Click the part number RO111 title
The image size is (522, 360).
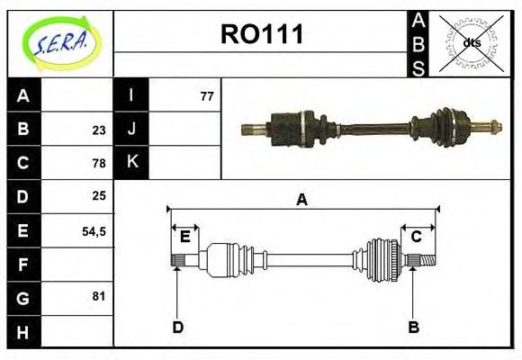[262, 35]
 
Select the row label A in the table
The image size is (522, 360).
[23, 95]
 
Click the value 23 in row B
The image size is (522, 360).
[99, 129]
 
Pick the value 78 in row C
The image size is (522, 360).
[99, 163]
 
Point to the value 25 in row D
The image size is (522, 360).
[99, 196]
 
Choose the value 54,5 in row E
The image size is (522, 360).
[94, 230]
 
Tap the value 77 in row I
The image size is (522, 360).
[206, 95]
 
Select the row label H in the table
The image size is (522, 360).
[23, 332]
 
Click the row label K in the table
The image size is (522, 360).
[131, 163]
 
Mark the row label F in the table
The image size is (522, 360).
[23, 265]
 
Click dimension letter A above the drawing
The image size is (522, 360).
[302, 200]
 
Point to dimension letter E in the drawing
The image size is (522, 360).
[184, 237]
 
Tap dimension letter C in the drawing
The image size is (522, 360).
[417, 237]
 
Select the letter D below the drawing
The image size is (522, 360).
[177, 327]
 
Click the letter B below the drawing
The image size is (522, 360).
[413, 327]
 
